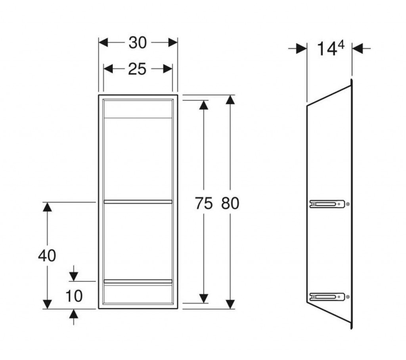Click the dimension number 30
pyautogui.click(x=138, y=43)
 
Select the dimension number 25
pyautogui.click(x=137, y=69)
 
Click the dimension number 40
pyautogui.click(x=47, y=256)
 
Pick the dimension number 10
pyautogui.click(x=74, y=296)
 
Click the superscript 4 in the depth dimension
pyautogui.click(x=341, y=45)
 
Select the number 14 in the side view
pyautogui.click(x=327, y=49)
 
